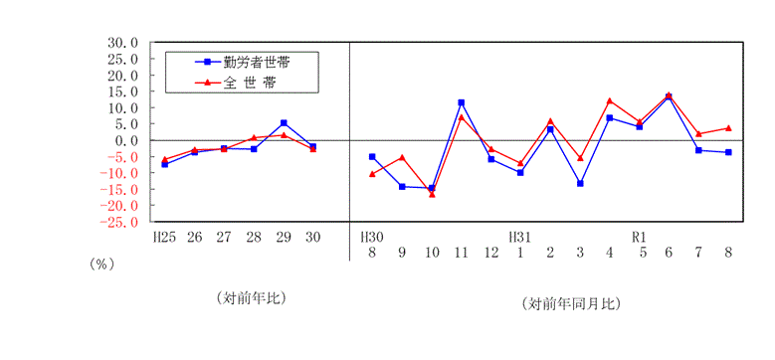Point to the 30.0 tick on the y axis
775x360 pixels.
pyautogui.click(x=123, y=43)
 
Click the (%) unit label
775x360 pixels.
pyautogui.click(x=102, y=265)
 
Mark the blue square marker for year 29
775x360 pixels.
pyautogui.click(x=284, y=123)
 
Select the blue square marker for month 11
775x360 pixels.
pyautogui.click(x=462, y=102)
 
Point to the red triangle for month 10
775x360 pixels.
pyautogui.click(x=432, y=194)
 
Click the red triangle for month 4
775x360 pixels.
pyautogui.click(x=609, y=100)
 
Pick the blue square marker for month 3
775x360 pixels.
pyautogui.click(x=580, y=183)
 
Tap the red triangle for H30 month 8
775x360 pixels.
pyautogui.click(x=372, y=173)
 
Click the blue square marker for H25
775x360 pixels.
pyautogui.click(x=164, y=164)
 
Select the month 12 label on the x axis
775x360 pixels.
pyautogui.click(x=491, y=253)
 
